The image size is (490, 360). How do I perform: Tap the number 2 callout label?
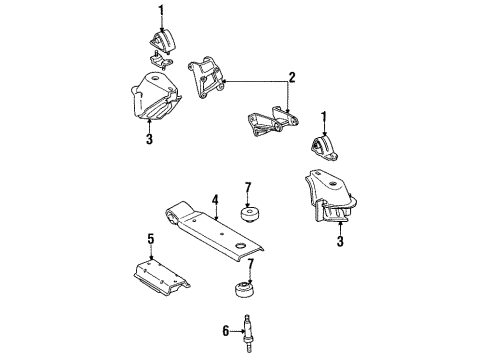point(292,76)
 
